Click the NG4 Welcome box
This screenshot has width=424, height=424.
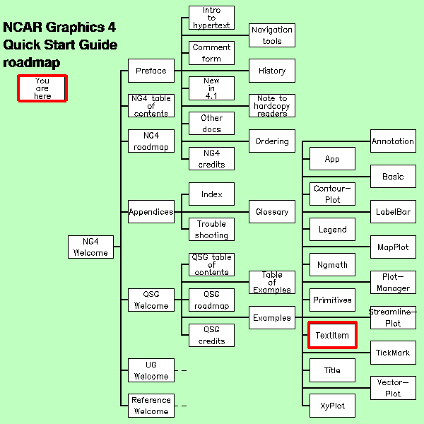pos(90,247)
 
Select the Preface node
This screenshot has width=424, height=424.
pos(151,71)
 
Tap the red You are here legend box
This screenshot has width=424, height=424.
pos(42,88)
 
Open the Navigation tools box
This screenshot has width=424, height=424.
pos(272,35)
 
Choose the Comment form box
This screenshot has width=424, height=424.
pos(211,53)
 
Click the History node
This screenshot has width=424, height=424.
pos(272,71)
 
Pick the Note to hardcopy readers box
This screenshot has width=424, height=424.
pos(272,105)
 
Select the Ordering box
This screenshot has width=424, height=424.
pos(272,141)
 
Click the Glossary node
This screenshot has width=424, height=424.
pos(272,211)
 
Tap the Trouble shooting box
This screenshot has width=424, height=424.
pos(211,229)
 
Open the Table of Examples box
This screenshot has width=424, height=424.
pos(272,282)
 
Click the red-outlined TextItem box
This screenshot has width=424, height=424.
pos(332,335)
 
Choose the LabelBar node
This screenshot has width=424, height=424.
pos(393,211)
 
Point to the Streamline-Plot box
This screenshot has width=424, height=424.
pos(393,317)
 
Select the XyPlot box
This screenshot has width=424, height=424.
pos(332,406)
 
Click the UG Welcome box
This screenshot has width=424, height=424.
pos(151,370)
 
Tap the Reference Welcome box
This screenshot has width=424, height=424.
pos(151,406)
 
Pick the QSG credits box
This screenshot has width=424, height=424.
pos(211,335)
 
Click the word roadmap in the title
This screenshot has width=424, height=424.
pos(32,63)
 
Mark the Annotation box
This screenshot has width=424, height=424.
pos(393,141)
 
